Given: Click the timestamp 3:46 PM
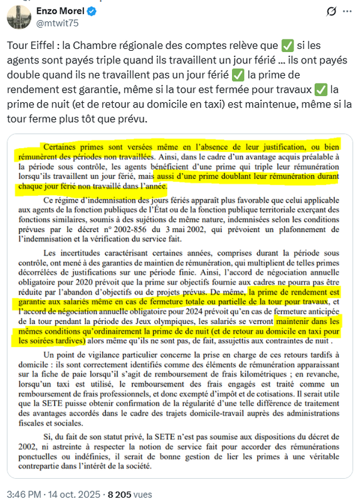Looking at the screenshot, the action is (x=24, y=494).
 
